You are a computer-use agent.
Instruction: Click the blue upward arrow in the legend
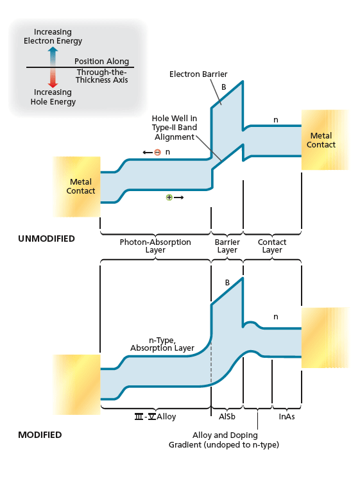point(53,55)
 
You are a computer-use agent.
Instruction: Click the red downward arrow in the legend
point(53,78)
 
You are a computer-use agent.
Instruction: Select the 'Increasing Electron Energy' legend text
point(53,37)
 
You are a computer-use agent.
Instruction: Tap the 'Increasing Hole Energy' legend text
point(54,97)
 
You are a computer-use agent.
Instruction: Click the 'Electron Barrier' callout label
point(198,74)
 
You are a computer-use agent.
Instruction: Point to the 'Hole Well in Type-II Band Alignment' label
point(174,128)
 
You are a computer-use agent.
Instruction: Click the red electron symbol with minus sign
point(157,152)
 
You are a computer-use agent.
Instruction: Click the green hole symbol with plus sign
point(169,197)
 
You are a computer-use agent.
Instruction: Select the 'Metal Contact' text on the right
point(321,140)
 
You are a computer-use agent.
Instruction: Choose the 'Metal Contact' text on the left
point(81,187)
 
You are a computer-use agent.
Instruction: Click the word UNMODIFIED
point(46,239)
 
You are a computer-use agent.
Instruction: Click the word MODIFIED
point(40,435)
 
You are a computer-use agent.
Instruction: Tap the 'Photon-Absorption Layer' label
point(155,246)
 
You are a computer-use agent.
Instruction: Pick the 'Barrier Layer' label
point(227,246)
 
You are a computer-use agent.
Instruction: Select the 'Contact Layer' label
point(272,246)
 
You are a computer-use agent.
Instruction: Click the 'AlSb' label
point(227,417)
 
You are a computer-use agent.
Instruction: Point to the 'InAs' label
point(287,417)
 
